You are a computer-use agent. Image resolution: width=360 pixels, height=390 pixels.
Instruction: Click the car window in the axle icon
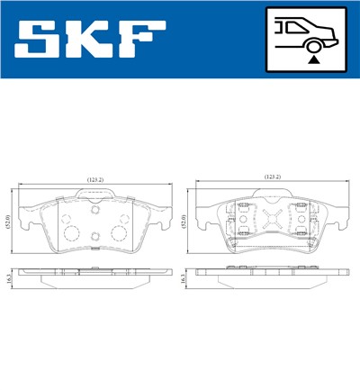[293, 28]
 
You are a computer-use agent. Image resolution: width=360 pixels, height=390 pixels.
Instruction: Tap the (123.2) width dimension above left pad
[95, 178]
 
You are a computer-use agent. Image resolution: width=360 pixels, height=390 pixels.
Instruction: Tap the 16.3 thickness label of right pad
[184, 280]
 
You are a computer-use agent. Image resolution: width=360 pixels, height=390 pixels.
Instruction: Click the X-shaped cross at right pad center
[274, 219]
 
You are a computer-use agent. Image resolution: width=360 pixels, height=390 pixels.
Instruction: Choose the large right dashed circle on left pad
[117, 233]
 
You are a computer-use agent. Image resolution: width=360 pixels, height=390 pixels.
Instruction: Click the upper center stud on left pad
[94, 209]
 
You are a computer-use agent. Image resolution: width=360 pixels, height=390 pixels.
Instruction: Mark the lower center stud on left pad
[94, 239]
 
